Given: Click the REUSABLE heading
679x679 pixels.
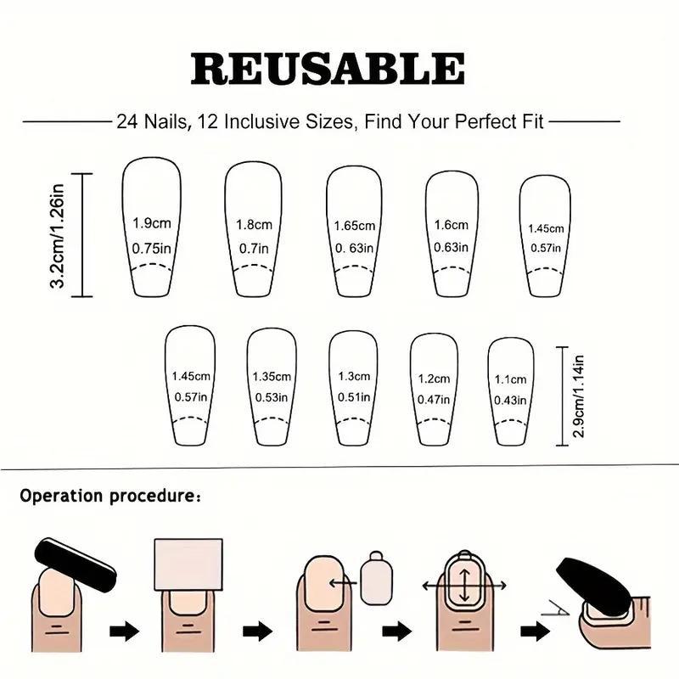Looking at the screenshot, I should click(x=328, y=69).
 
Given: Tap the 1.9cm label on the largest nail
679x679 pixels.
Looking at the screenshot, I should click(x=152, y=223).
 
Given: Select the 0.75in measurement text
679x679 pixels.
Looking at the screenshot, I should click(x=152, y=248).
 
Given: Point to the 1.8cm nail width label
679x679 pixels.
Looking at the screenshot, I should click(x=253, y=225).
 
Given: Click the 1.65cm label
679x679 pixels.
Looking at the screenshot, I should click(x=355, y=226).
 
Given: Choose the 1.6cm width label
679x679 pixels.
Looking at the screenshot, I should click(x=452, y=225).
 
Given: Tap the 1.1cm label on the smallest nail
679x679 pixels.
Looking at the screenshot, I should click(x=510, y=379).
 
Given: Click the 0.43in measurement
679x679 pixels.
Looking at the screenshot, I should click(x=510, y=400).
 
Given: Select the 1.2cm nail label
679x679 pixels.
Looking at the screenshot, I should click(x=433, y=379).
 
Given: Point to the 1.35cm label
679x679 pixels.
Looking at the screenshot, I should click(x=272, y=376).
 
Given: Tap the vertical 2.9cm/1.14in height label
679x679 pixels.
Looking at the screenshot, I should click(x=580, y=396).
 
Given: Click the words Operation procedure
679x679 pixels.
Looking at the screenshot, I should click(x=106, y=495).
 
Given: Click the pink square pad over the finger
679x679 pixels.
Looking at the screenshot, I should click(x=188, y=567).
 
